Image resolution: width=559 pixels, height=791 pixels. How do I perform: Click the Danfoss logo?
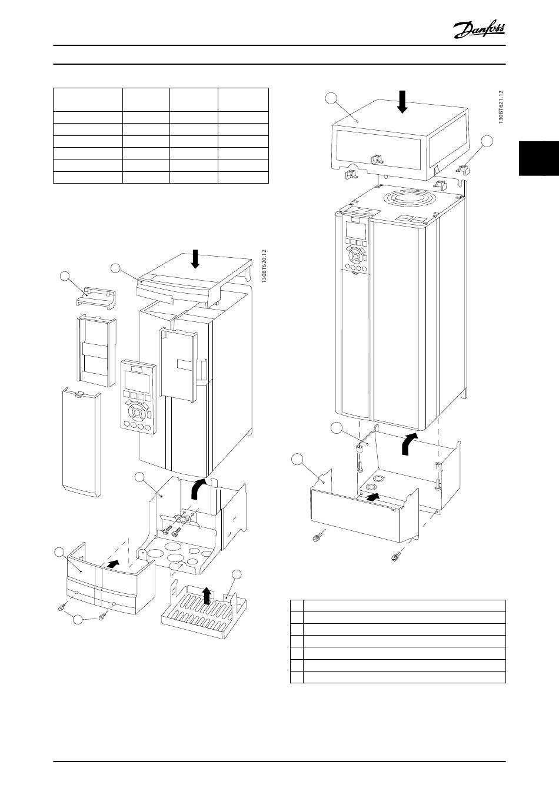click(x=479, y=30)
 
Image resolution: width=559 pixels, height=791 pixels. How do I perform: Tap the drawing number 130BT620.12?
click(x=264, y=266)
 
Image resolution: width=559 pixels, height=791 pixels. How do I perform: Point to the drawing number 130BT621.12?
click(x=501, y=107)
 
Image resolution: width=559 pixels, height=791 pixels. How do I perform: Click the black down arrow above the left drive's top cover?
click(x=195, y=259)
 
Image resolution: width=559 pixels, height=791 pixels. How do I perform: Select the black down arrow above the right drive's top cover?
click(x=402, y=102)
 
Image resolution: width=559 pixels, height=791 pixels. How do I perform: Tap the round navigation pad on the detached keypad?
click(x=137, y=411)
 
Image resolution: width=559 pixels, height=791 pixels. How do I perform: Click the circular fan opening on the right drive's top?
click(x=408, y=197)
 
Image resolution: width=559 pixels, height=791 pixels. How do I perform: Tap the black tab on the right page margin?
click(x=539, y=158)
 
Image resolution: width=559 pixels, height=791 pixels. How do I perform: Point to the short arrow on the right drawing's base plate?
click(x=374, y=497)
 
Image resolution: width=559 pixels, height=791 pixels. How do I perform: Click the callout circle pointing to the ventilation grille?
click(x=237, y=574)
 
